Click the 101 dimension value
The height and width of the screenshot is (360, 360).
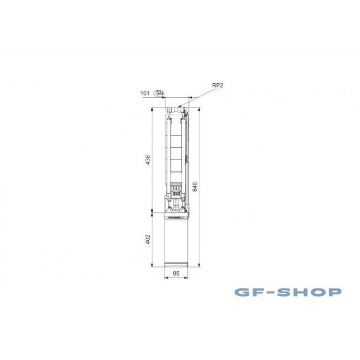(145, 93)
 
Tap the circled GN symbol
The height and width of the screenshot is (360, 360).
(160, 93)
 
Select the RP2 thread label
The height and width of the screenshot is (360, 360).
(217, 85)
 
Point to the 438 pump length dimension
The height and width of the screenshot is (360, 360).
(148, 160)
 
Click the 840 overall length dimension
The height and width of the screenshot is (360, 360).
(195, 187)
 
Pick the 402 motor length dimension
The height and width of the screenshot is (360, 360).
(148, 239)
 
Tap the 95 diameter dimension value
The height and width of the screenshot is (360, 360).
(176, 274)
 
